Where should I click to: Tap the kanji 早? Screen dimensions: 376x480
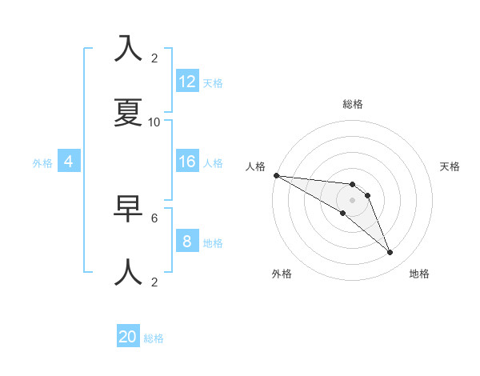tap(129, 207)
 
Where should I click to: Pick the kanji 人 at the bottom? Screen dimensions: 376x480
tap(129, 271)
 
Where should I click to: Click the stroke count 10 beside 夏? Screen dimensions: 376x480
tap(154, 122)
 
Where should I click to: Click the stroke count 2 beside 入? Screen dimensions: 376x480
tap(154, 58)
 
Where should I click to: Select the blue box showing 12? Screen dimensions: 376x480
tap(187, 82)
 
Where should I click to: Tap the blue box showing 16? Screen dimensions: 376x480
tap(187, 162)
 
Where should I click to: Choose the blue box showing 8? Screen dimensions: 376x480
tap(187, 242)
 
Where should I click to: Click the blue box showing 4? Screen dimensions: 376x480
tap(69, 162)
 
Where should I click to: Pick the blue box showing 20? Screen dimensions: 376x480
tap(128, 337)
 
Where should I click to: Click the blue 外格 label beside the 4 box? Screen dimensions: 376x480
tap(42, 163)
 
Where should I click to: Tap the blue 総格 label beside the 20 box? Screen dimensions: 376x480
tap(154, 338)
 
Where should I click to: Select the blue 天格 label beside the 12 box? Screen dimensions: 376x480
tap(213, 83)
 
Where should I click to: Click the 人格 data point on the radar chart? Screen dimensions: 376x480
tap(276, 175)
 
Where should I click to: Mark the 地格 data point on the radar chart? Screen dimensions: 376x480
tap(390, 253)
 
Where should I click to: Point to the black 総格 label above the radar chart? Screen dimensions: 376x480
tap(353, 104)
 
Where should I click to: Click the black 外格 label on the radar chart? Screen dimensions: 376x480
tap(282, 274)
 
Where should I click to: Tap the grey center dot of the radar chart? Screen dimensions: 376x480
tap(353, 200)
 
